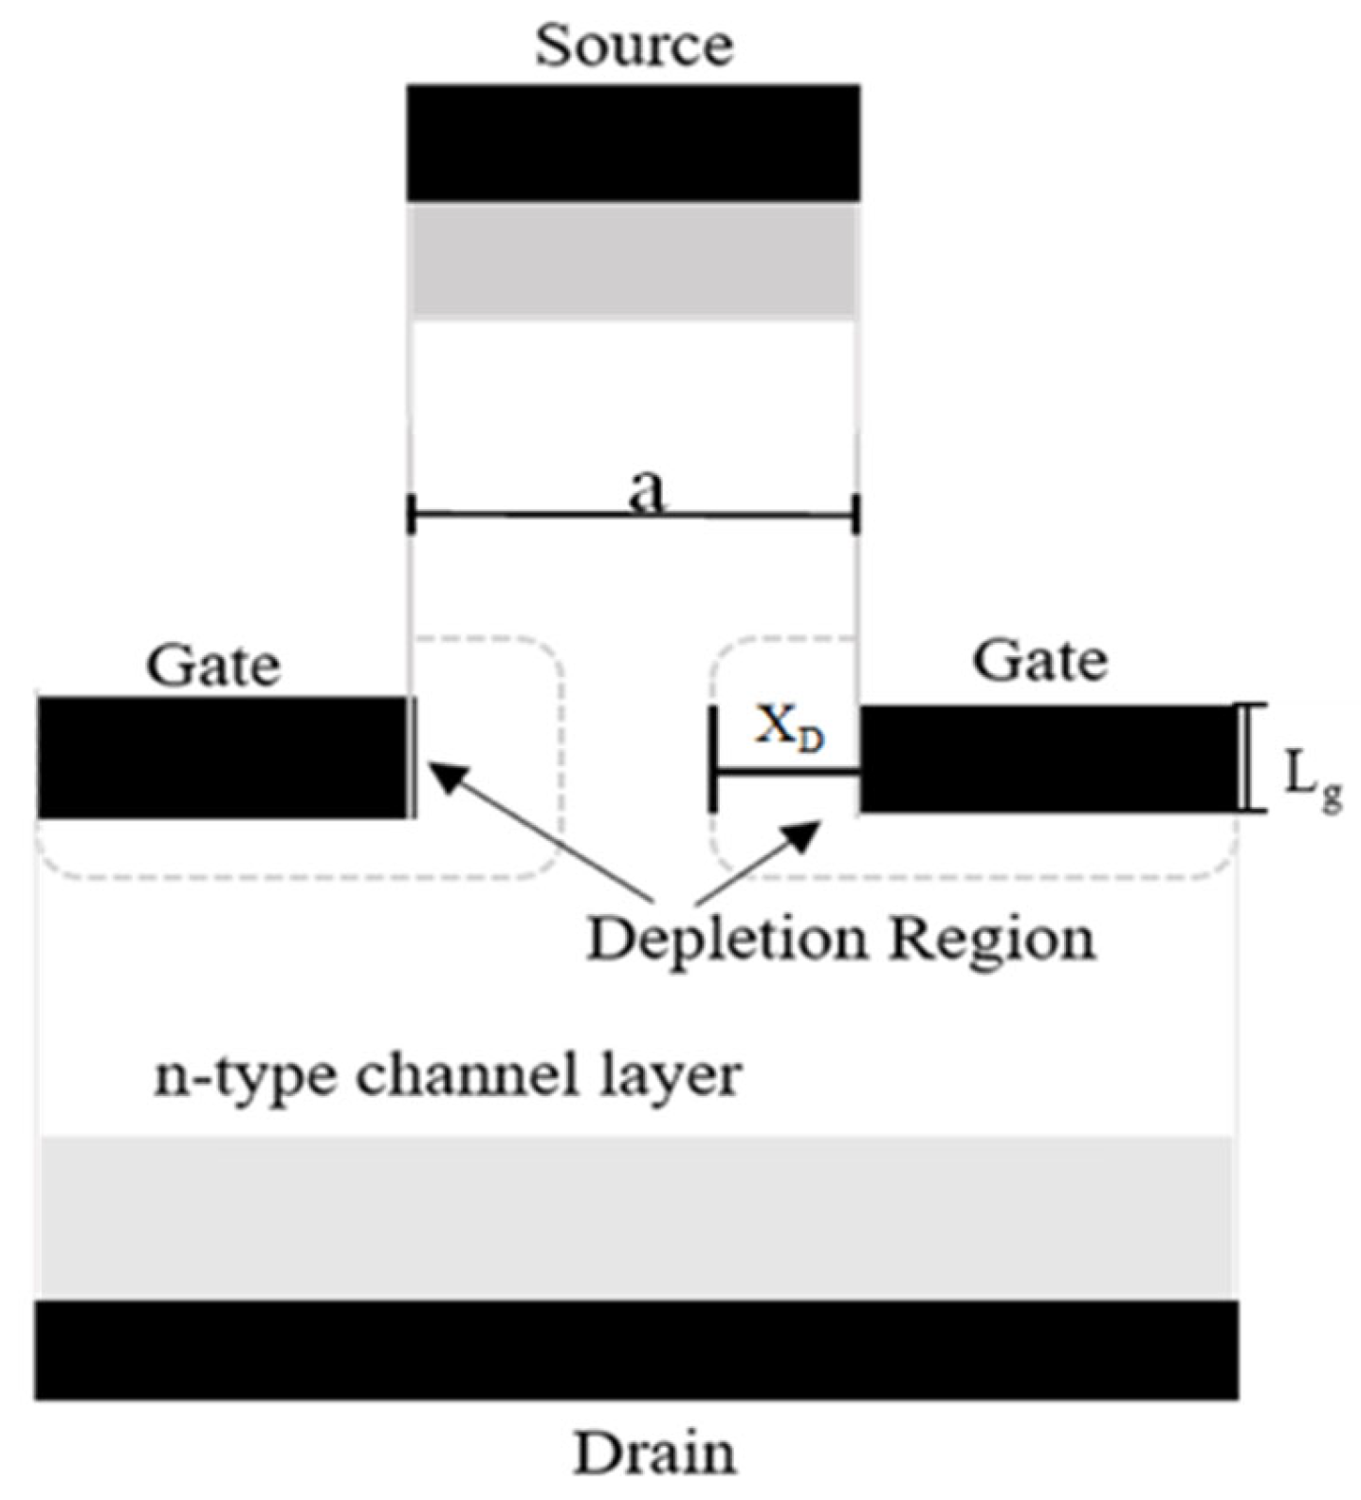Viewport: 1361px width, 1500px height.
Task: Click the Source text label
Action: coord(634,46)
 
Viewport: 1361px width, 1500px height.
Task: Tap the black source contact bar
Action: coord(634,142)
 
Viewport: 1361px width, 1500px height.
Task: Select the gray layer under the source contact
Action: coord(634,260)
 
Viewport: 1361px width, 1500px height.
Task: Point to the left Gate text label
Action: coord(213,666)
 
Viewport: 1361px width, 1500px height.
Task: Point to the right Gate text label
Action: coord(1039,660)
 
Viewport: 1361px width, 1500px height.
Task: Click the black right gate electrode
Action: coord(1048,759)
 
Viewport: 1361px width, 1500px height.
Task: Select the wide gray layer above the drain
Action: coord(635,1216)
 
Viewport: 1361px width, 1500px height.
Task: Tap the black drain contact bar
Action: coord(635,1348)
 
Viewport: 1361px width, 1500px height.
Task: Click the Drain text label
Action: coord(654,1452)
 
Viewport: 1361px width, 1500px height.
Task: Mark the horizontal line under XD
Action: coord(785,774)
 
